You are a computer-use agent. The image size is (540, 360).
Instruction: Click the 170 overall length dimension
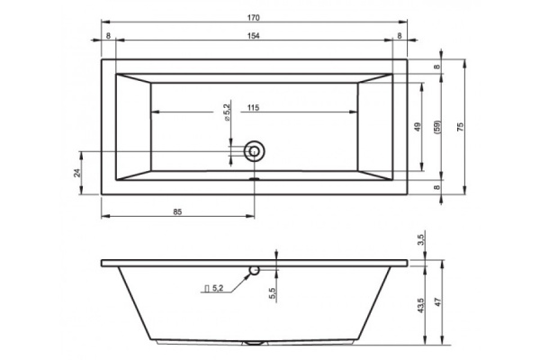[x=253, y=18]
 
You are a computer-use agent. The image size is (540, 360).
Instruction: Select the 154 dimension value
[x=253, y=36]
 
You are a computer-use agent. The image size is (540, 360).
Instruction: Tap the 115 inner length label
[x=253, y=108]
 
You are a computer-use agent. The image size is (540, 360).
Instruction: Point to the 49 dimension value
[x=418, y=127]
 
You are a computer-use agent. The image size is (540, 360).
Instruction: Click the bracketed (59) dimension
[x=437, y=127]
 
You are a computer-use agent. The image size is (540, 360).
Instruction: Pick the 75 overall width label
[x=461, y=127]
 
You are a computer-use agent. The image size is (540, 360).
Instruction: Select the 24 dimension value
[x=77, y=173]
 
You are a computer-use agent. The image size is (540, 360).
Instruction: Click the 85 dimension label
[x=177, y=212]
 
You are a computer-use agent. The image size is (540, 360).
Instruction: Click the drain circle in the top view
[x=254, y=151]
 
